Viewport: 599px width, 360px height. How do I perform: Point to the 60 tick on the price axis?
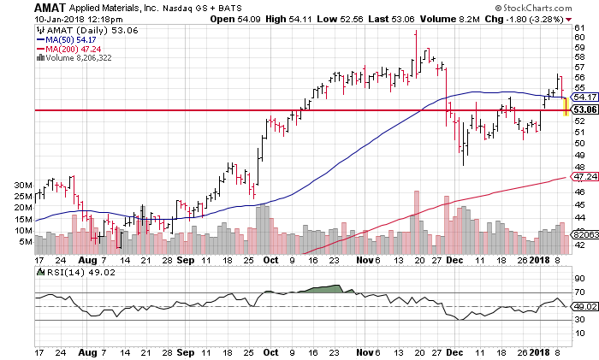click(579, 38)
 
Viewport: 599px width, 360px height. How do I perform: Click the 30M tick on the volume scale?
click(23, 185)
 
